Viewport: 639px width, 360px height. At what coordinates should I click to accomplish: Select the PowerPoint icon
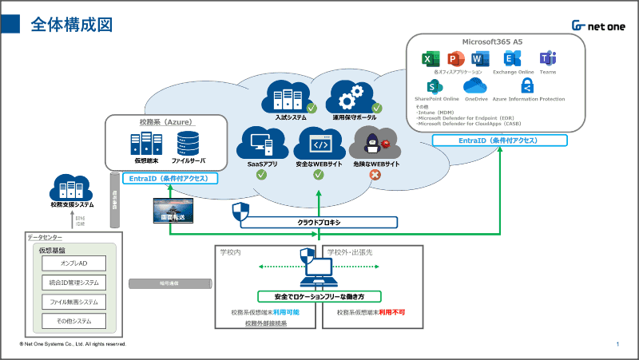(456, 59)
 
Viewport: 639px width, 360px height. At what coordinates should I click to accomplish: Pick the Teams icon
(548, 59)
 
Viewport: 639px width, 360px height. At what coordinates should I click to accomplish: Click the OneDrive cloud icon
(476, 86)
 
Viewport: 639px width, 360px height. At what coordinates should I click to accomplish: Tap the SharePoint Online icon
(435, 86)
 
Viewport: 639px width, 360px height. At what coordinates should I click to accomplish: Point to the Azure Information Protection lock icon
(527, 86)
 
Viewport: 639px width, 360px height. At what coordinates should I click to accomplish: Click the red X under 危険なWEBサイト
(375, 173)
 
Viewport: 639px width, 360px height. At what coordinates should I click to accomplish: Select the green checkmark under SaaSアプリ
(261, 173)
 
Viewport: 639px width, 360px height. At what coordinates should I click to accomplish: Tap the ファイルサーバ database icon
(189, 144)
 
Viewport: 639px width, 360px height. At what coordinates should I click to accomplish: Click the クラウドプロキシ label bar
(319, 222)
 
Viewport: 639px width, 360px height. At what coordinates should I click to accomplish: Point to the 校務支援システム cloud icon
(73, 188)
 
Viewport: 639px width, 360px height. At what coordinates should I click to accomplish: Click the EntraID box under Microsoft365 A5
(499, 140)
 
